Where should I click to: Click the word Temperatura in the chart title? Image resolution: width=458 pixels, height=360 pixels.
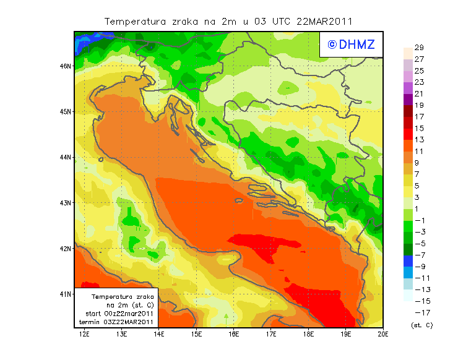tap(135, 21)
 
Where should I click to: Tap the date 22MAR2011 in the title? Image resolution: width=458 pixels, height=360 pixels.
tap(324, 21)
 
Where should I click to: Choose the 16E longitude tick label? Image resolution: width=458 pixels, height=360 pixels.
tap(233, 335)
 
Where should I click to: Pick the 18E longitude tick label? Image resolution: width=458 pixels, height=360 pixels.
tap(308, 335)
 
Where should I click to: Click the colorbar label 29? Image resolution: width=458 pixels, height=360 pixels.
tap(418, 48)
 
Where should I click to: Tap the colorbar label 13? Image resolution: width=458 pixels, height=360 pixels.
tap(418, 140)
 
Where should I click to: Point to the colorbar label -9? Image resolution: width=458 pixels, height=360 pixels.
tap(420, 267)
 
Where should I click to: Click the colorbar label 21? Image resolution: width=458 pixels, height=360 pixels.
tap(418, 93)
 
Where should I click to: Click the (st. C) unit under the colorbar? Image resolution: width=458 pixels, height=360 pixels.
tap(421, 325)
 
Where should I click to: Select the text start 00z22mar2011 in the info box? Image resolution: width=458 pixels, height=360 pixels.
tap(119, 314)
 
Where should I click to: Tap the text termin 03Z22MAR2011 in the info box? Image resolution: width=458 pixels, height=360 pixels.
tap(119, 322)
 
